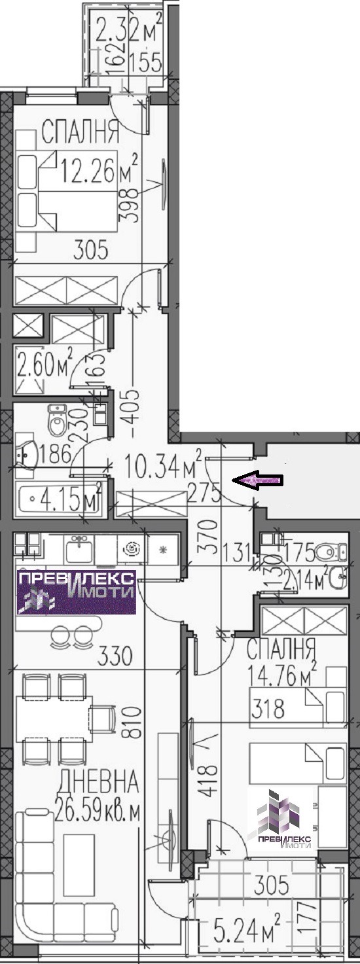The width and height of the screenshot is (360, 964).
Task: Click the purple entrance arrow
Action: click(x=257, y=480)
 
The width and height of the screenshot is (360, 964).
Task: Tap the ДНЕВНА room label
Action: click(x=99, y=781)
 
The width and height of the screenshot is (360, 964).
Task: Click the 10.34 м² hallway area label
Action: click(x=163, y=466)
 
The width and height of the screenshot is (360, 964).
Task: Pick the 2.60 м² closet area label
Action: click(x=45, y=365)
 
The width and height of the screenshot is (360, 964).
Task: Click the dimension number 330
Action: click(x=115, y=656)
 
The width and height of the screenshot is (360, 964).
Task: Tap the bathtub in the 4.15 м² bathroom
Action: click(x=60, y=499)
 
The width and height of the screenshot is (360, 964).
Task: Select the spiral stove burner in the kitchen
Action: click(x=132, y=549)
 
